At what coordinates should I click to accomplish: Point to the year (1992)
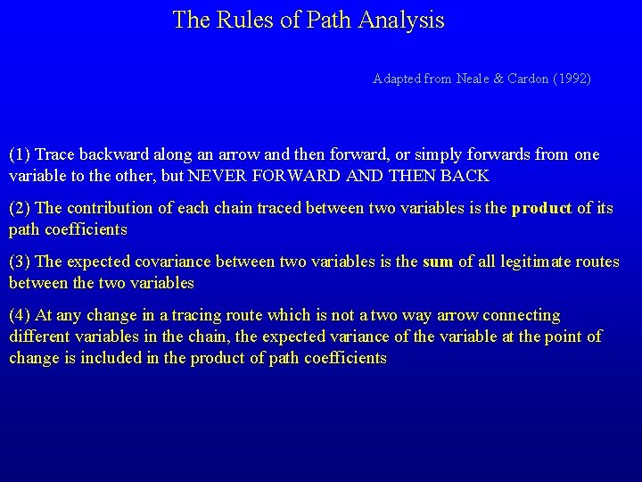click(x=572, y=79)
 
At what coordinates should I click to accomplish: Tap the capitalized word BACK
click(x=465, y=176)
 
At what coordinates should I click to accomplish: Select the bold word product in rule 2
click(x=541, y=208)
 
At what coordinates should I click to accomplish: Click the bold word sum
click(x=438, y=262)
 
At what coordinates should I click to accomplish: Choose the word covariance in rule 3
click(x=174, y=262)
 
